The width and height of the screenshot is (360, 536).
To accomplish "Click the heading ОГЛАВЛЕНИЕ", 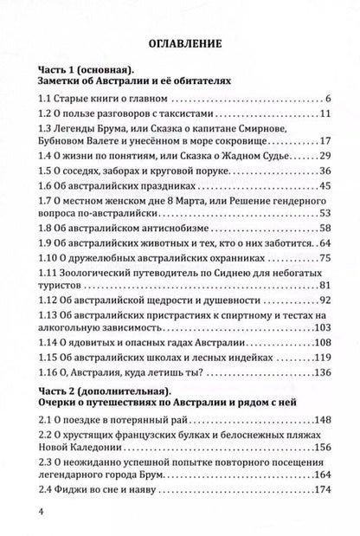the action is tap(179, 41).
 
